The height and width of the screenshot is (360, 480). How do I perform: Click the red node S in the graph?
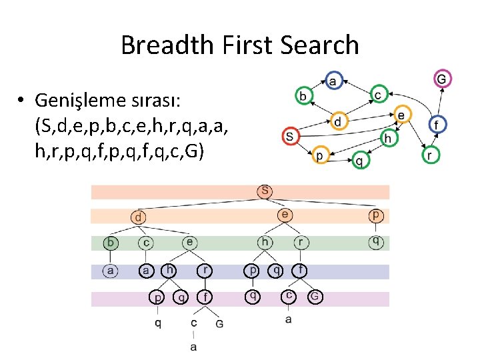[289, 135]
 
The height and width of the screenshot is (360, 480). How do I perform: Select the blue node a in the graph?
[333, 81]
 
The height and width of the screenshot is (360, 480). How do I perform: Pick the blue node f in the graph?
[437, 125]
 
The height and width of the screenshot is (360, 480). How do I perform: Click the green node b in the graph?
[303, 97]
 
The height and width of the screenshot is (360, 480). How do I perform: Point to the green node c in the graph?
[378, 96]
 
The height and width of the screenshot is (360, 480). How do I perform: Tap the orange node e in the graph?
[401, 115]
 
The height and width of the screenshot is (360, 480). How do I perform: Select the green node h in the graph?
[388, 138]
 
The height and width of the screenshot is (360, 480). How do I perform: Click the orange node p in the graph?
[319, 155]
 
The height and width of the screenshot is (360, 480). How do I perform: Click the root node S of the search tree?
[265, 191]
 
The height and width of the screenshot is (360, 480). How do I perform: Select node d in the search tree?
[138, 217]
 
